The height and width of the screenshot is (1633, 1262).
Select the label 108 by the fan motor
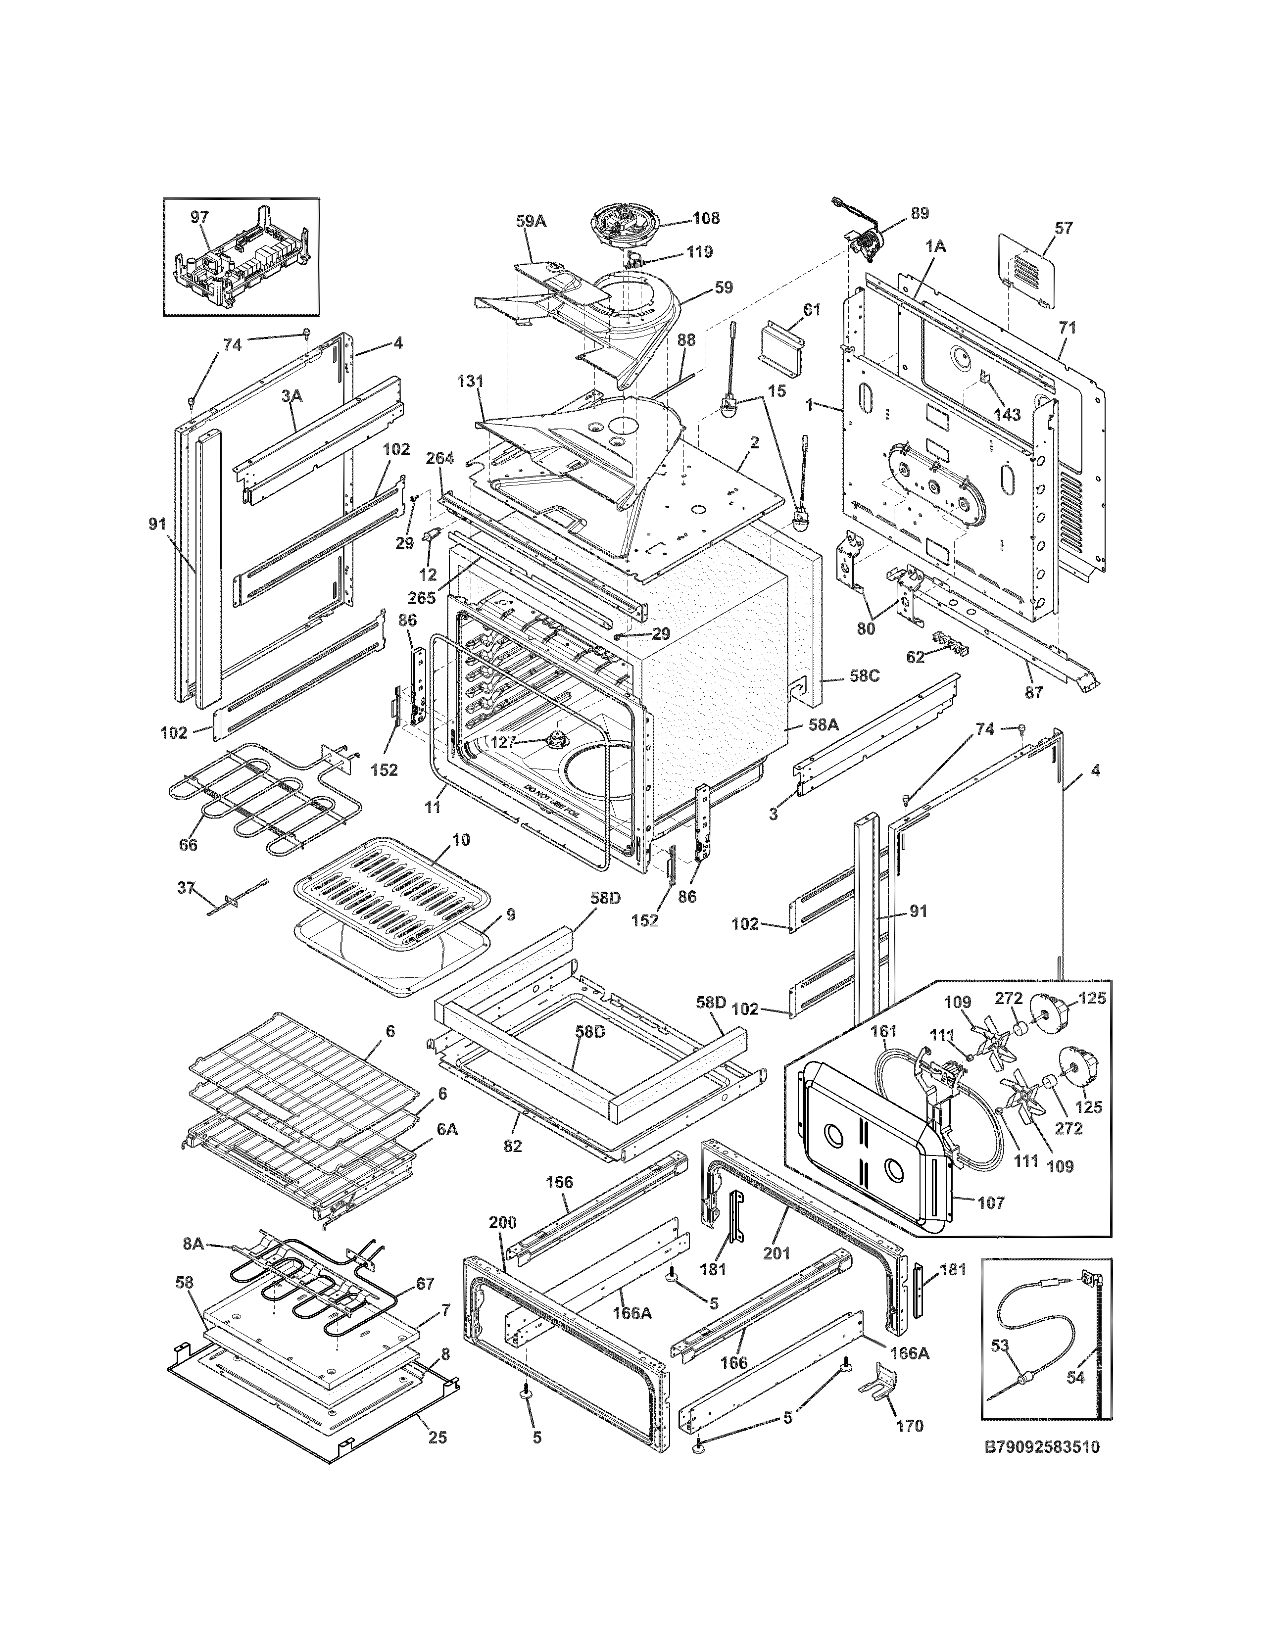pyautogui.click(x=706, y=218)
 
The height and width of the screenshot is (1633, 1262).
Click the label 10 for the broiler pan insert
pyautogui.click(x=461, y=840)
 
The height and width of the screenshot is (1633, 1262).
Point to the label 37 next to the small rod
pyautogui.click(x=186, y=888)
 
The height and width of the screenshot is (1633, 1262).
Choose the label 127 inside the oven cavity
pyautogui.click(x=503, y=742)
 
